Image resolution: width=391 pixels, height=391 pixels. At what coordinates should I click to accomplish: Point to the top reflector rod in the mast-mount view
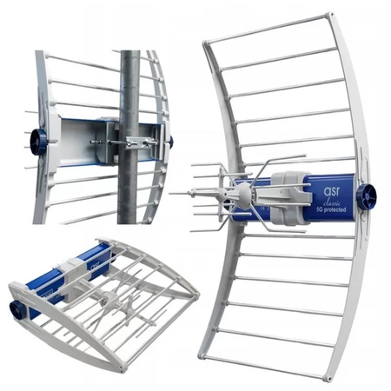[x=83, y=63]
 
